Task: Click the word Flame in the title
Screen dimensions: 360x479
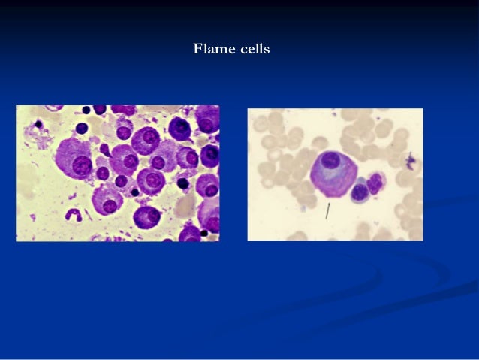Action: (211, 50)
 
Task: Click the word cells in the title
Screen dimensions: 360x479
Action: (252, 50)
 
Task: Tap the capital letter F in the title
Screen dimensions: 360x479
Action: (197, 50)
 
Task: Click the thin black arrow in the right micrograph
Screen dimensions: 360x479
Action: (327, 212)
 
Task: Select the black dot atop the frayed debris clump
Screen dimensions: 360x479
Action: (38, 124)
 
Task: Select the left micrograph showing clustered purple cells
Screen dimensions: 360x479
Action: (118, 173)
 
